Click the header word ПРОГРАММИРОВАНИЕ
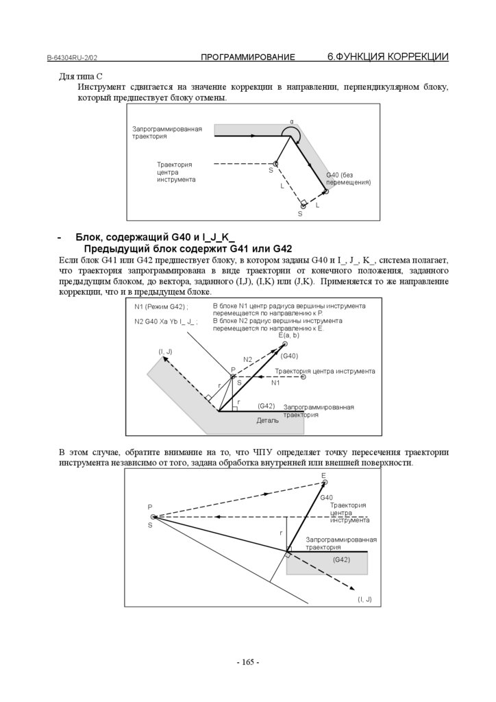point(248,57)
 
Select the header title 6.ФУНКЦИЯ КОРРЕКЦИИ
point(388,56)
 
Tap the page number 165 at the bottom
point(247,662)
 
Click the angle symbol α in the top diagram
point(291,121)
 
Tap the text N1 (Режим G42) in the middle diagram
point(161,306)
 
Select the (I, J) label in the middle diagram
point(165,352)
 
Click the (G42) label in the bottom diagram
point(341,560)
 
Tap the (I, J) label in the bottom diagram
point(364,599)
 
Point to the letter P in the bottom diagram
point(149,507)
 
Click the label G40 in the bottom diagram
point(326,497)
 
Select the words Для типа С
point(80,77)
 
